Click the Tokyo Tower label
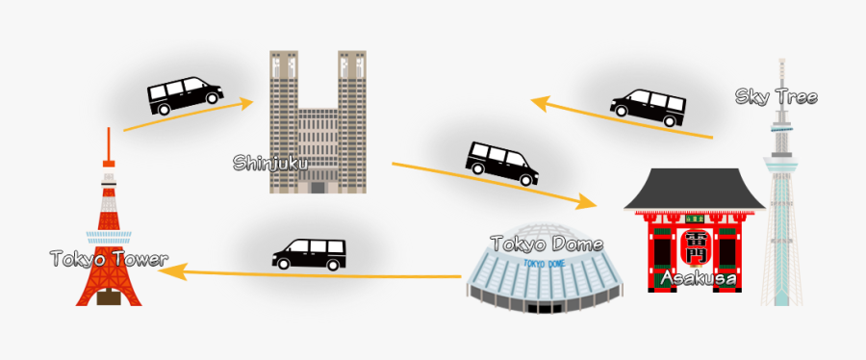coord(109,259)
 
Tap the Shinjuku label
coord(269,163)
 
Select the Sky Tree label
coord(776,96)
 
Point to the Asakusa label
coord(699,279)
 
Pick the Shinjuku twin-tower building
coord(317,120)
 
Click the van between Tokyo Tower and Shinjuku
coord(184,94)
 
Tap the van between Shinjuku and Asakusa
coord(502,161)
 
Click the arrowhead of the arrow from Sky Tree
coord(540,100)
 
